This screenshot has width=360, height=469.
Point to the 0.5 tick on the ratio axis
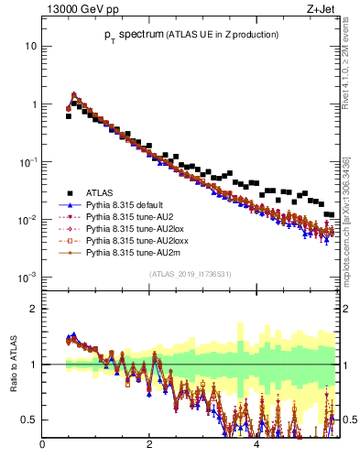[30, 420]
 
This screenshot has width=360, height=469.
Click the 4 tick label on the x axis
[256, 445]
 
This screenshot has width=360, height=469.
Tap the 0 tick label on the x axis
[42, 445]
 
